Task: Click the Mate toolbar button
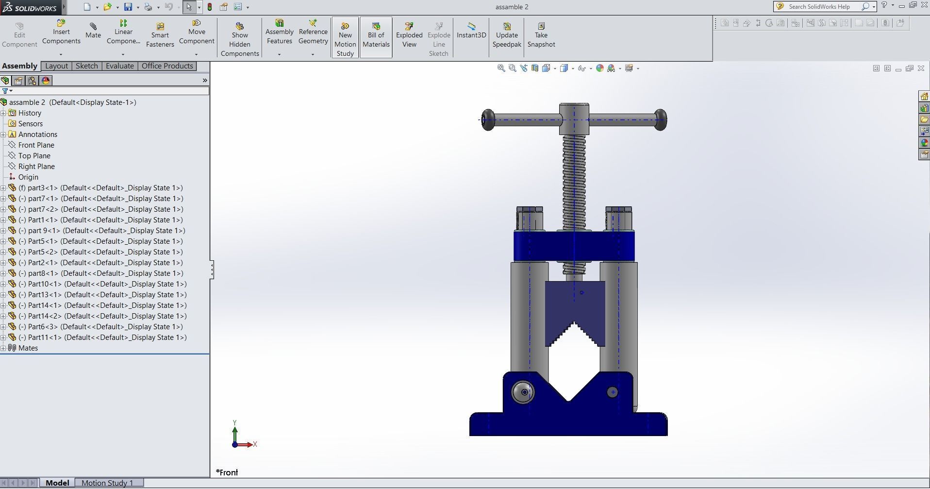[93, 31]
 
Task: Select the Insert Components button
[61, 32]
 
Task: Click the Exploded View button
[409, 35]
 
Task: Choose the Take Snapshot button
[541, 35]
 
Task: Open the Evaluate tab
[119, 66]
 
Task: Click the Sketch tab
[86, 66]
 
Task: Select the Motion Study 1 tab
[107, 483]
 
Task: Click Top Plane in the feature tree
[34, 156]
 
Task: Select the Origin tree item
[28, 177]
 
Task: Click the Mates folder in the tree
[28, 348]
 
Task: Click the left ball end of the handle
[488, 120]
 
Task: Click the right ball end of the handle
[660, 119]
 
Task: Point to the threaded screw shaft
[574, 185]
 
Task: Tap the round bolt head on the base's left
[523, 392]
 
